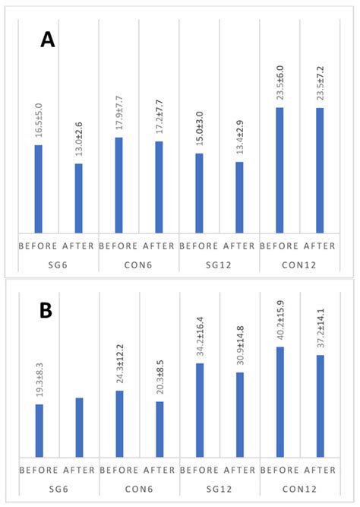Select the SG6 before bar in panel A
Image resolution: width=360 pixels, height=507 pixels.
[38, 189]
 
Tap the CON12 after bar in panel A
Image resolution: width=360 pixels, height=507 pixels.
[319, 170]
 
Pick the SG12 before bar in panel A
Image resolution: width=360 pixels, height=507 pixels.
[199, 193]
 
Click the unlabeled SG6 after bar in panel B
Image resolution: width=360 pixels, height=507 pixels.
[78, 428]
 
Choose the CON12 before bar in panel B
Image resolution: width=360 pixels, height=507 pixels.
[279, 402]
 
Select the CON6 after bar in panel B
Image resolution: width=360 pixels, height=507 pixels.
[159, 429]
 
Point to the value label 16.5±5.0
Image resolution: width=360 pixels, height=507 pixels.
[38, 119]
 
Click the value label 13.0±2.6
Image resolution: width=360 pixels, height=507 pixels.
[78, 138]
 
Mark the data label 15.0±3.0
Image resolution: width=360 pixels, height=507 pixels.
[199, 127]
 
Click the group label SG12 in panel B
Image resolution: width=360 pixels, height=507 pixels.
[219, 487]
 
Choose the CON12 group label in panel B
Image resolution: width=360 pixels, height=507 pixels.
[299, 487]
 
